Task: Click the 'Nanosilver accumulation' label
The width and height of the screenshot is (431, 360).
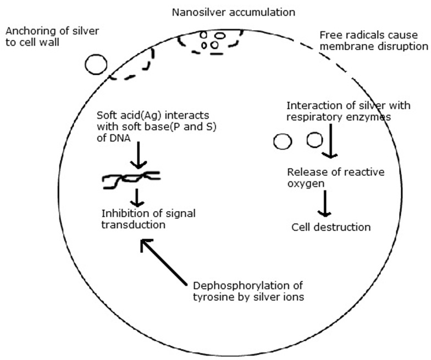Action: pos(234,12)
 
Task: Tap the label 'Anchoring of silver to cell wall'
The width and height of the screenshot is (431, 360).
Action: pos(52,36)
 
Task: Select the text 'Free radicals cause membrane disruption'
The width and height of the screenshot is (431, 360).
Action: pos(374,41)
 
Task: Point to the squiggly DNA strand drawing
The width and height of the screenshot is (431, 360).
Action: pos(131,180)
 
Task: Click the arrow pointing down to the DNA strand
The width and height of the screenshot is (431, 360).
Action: pos(139,155)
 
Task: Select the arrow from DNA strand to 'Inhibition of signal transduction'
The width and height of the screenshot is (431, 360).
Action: pos(137,198)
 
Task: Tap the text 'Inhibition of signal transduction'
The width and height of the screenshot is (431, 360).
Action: pos(148,219)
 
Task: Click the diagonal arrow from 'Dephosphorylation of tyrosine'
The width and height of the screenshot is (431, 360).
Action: pos(164,262)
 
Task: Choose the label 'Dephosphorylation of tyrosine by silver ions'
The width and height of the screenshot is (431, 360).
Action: pos(248,291)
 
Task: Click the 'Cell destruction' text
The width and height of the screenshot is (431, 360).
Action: pos(331,228)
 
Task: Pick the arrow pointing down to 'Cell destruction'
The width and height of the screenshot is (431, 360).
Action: pos(324,203)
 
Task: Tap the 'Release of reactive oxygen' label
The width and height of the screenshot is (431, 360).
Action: pos(335,178)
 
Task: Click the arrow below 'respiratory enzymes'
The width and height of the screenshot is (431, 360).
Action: pos(330,141)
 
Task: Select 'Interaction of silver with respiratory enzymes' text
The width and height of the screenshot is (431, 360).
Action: pos(349,111)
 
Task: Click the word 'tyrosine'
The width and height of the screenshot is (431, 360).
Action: pos(212,297)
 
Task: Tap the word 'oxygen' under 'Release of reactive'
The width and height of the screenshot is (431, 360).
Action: pos(306,184)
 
